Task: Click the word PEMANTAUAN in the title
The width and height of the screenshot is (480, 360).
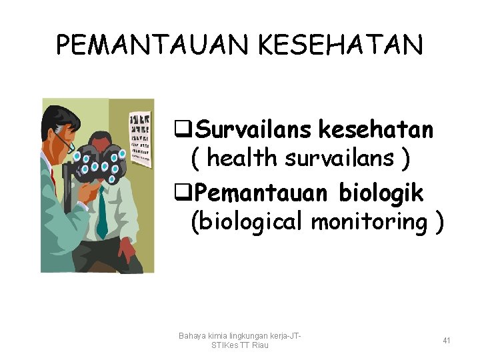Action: (x=150, y=46)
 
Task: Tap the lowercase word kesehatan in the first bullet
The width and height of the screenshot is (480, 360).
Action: (x=377, y=129)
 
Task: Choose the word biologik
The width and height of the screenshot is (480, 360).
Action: (x=381, y=193)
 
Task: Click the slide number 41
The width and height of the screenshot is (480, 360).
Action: (x=447, y=341)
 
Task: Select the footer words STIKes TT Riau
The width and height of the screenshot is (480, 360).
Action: (x=239, y=345)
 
